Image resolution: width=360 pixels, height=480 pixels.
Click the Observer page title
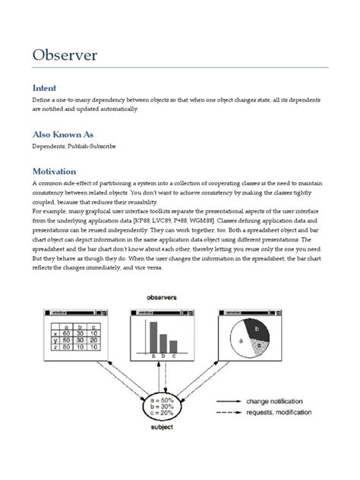point(66,55)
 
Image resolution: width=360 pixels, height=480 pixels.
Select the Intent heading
point(44,87)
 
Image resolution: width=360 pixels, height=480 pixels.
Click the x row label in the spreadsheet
point(55,333)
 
